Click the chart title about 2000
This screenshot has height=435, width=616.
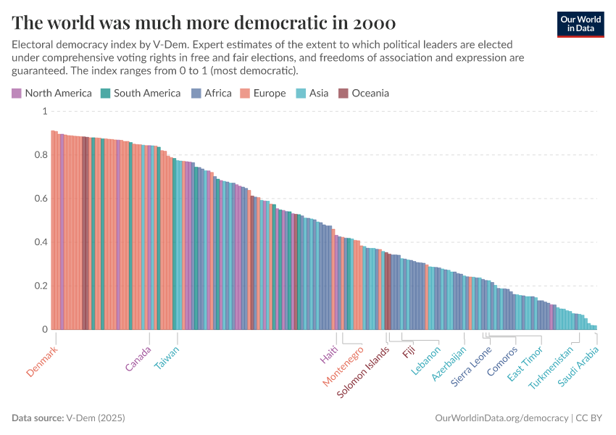click(203, 21)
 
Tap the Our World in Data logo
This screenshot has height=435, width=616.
click(580, 23)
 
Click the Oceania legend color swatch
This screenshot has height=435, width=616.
click(344, 93)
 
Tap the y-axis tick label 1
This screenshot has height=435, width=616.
click(43, 112)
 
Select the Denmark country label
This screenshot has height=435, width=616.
click(42, 360)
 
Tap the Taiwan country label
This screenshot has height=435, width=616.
click(167, 357)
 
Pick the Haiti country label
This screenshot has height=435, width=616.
click(329, 355)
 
